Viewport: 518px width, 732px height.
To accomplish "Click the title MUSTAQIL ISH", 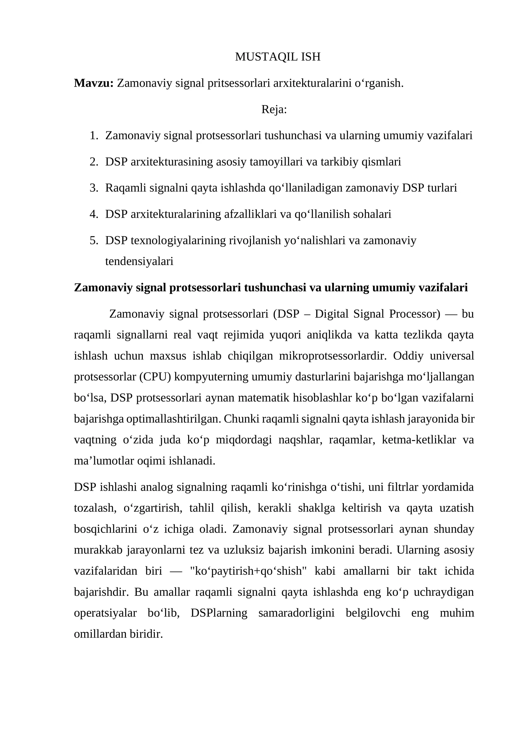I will coord(277,57).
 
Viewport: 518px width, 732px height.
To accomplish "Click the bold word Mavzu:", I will coord(94,83).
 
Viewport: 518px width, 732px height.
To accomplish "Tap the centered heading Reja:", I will coord(274,109).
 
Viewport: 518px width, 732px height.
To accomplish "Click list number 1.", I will coord(94,136).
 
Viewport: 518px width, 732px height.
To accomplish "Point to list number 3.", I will coord(94,188).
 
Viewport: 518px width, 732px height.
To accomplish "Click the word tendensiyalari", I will coord(139,261).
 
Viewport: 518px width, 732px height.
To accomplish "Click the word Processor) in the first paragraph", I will coord(414,314).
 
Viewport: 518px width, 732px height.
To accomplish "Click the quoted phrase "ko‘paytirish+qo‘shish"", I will coord(248,571).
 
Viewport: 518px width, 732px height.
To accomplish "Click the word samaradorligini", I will coord(296,613).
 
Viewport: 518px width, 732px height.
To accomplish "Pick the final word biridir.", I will coord(146,634).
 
